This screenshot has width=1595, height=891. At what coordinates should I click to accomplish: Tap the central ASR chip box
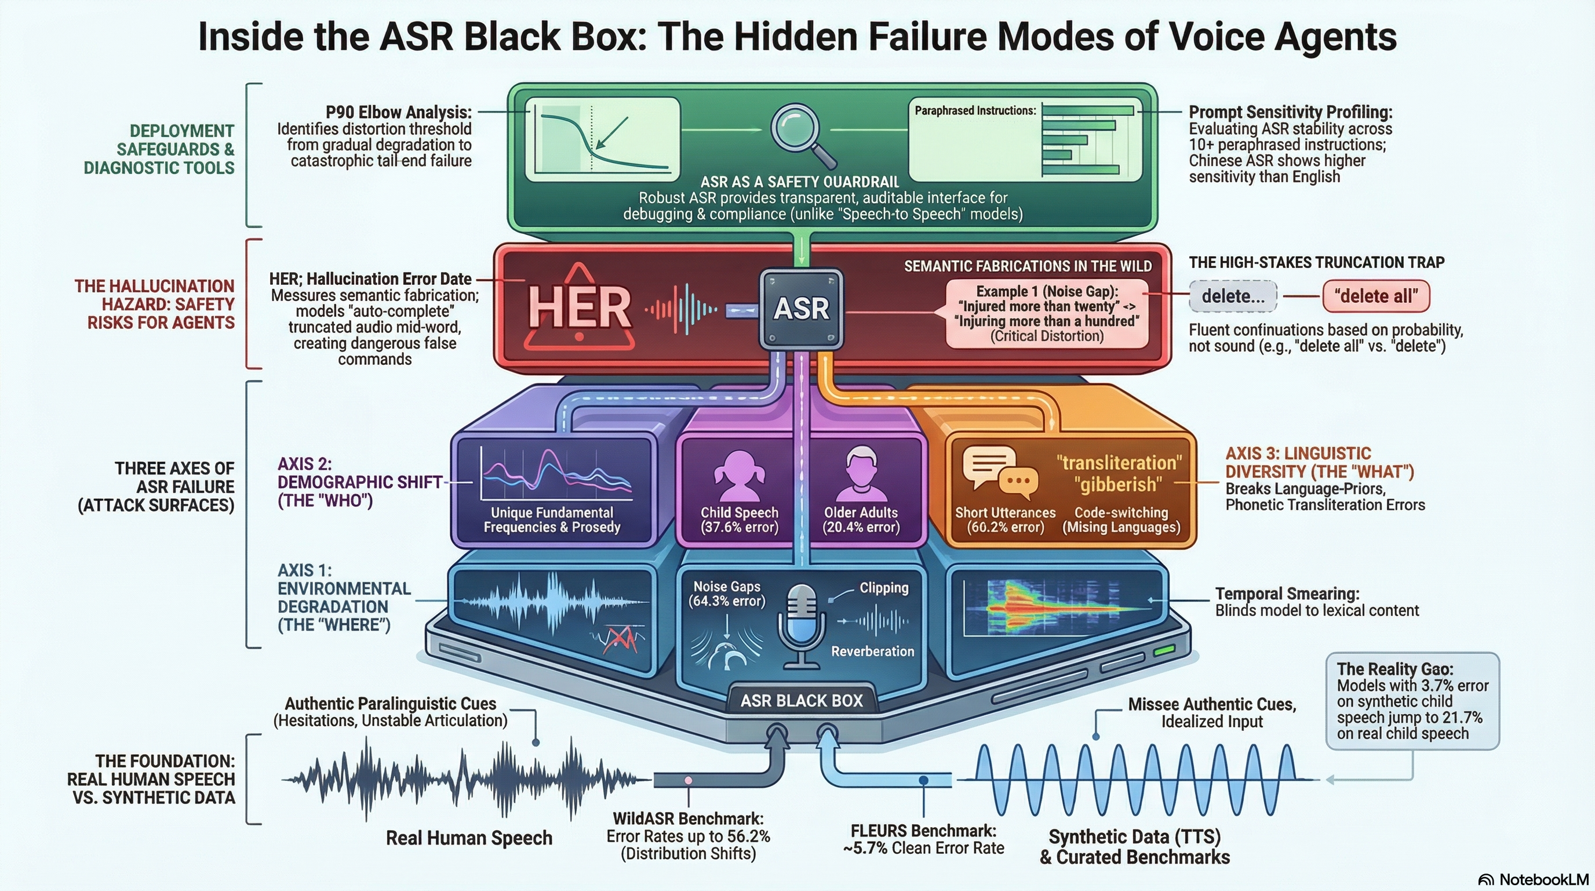click(801, 308)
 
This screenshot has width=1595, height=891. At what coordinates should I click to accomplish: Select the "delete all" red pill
click(1376, 296)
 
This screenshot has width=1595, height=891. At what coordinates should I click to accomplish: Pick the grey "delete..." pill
click(1233, 296)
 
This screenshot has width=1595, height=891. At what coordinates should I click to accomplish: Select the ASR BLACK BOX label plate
click(801, 701)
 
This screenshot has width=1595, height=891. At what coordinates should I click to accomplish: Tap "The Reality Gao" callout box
click(1412, 701)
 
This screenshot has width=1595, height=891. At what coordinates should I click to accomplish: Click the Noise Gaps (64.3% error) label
click(726, 593)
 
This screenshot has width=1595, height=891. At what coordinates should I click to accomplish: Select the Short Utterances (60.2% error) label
click(1005, 520)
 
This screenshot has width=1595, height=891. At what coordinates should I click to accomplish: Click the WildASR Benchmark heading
click(688, 819)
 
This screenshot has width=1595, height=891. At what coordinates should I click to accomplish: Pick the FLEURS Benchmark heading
click(923, 831)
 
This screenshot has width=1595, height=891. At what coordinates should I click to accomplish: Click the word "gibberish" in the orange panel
click(1117, 484)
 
